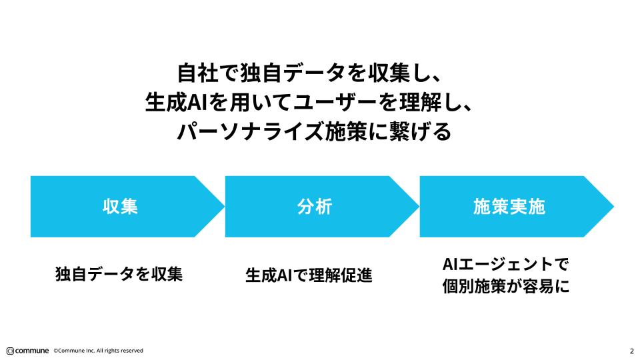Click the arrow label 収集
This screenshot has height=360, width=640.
[120, 207]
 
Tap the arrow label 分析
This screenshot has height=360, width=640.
[314, 207]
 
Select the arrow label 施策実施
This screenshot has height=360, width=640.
[509, 207]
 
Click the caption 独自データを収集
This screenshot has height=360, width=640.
[119, 274]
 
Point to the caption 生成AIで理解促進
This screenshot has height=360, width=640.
[309, 274]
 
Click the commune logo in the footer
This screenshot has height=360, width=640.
[27, 351]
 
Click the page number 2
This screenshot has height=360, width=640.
[631, 351]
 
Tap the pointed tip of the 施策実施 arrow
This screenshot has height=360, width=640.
[611, 207]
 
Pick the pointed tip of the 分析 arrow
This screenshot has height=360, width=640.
[417, 207]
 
